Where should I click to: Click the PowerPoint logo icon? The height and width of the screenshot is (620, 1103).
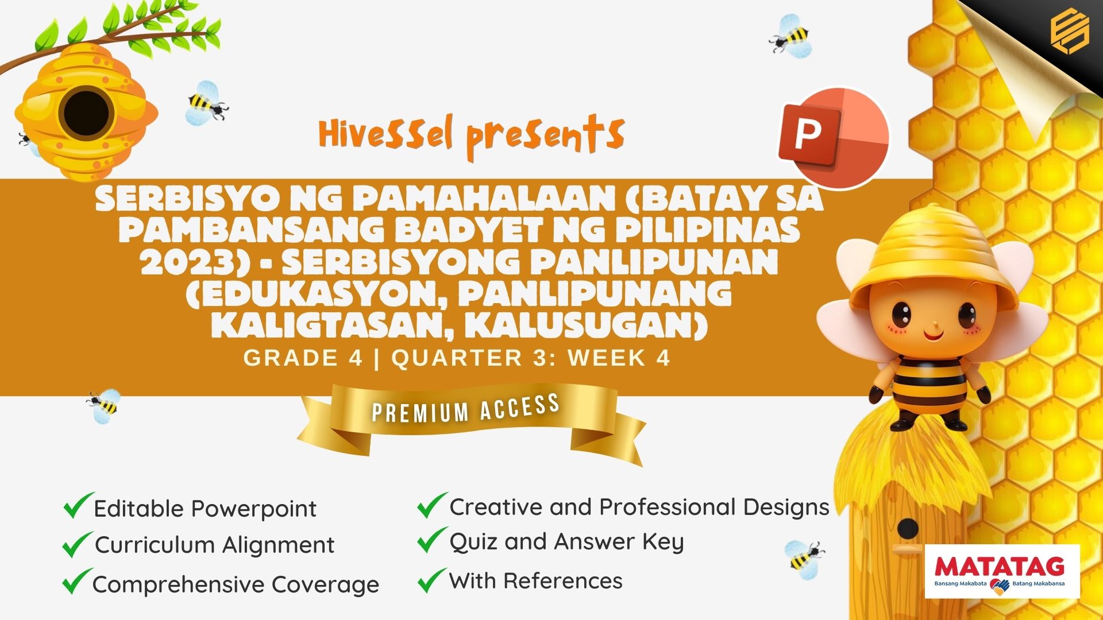(x=833, y=138)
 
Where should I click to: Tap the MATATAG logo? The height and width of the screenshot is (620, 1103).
(x=1002, y=571)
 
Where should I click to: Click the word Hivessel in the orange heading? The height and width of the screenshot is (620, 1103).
(x=386, y=133)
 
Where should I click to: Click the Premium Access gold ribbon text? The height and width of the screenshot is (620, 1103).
(x=466, y=408)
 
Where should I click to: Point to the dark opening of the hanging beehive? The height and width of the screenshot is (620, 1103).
(x=86, y=113)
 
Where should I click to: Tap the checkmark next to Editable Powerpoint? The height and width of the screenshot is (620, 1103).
(x=78, y=505)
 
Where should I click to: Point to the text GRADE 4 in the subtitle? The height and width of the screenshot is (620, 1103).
(x=303, y=358)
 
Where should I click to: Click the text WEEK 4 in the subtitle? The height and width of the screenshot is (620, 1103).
(x=619, y=358)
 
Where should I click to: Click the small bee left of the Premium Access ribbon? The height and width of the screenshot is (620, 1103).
(x=103, y=406)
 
